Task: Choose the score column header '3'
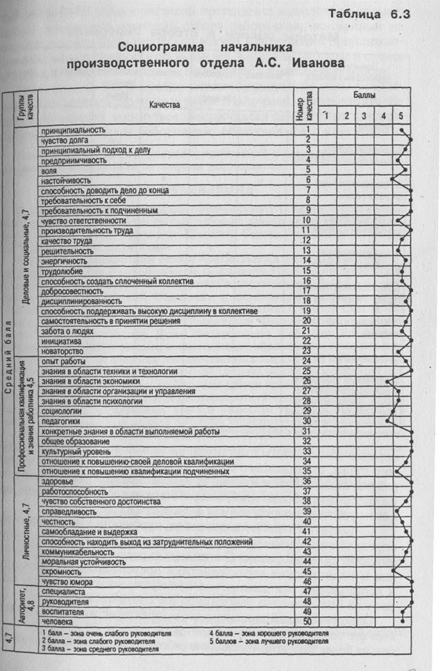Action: point(364,114)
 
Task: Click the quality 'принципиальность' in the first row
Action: point(73,130)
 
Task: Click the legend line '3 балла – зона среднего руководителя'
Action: point(101,649)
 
